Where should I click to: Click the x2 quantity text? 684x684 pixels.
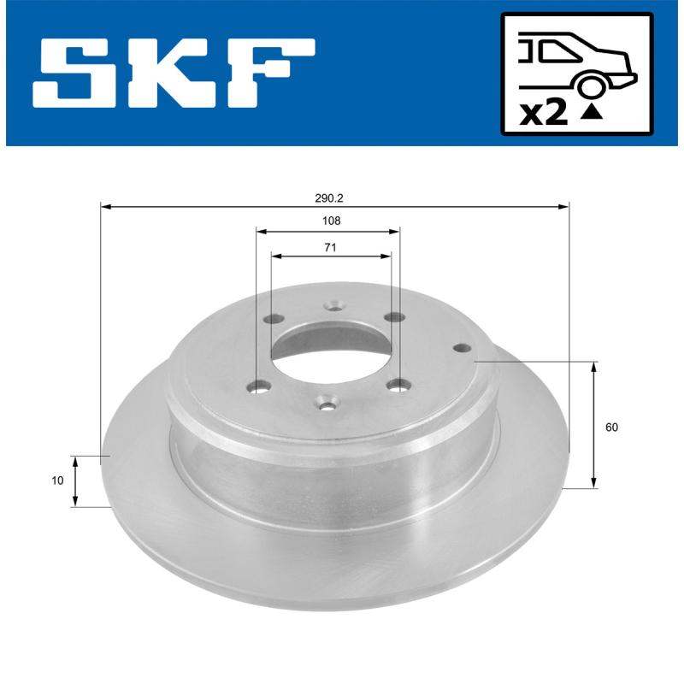(x=544, y=113)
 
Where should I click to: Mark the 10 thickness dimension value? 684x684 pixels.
(x=57, y=481)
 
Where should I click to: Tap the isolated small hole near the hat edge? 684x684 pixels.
(x=463, y=348)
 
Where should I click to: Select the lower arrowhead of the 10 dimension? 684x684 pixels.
(x=76, y=502)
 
